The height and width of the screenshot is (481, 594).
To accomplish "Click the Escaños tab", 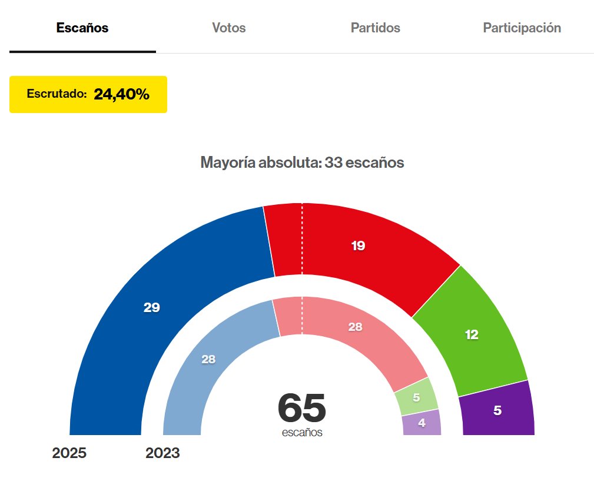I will pyautogui.click(x=82, y=28).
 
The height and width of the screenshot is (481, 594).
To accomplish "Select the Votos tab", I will pyautogui.click(x=228, y=28).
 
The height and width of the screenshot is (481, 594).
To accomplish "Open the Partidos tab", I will pyautogui.click(x=375, y=28).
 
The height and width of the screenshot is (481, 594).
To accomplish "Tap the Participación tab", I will pyautogui.click(x=522, y=28).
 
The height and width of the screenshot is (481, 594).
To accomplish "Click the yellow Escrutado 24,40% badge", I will pyautogui.click(x=88, y=94).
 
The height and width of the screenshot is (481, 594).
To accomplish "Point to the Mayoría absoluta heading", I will pyautogui.click(x=302, y=162).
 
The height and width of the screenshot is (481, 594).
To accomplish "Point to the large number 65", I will pyautogui.click(x=301, y=407).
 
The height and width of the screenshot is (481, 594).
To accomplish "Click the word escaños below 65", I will pyautogui.click(x=302, y=433).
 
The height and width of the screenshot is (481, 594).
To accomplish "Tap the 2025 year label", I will pyautogui.click(x=69, y=453).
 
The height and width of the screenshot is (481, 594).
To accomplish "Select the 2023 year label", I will pyautogui.click(x=162, y=453).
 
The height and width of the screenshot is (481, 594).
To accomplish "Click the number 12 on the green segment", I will pyautogui.click(x=472, y=335).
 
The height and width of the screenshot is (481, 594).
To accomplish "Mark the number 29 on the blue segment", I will pyautogui.click(x=152, y=307).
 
